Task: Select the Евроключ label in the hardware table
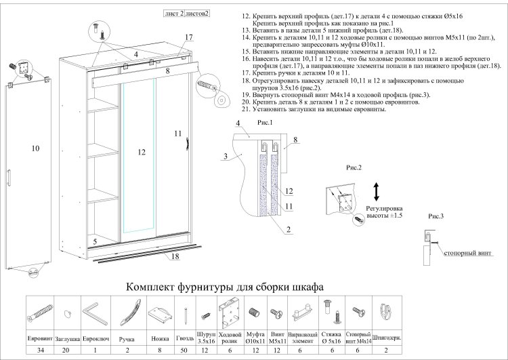[94, 337]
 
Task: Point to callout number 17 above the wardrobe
[188, 37]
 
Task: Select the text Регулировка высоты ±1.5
[384, 212]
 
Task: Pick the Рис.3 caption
[436, 216]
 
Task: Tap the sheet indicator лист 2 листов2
[186, 13]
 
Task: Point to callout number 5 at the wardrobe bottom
[96, 241]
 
